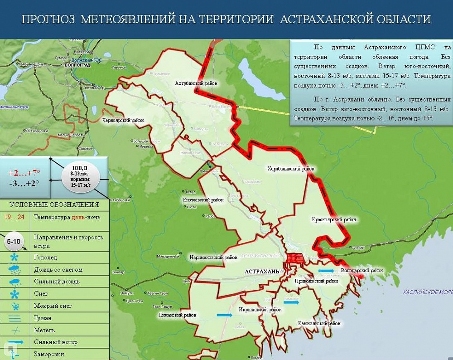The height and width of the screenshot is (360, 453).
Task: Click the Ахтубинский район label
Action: pos(196,83)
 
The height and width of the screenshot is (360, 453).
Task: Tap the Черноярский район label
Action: pos(123,121)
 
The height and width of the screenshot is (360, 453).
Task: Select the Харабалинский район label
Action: pos(291,169)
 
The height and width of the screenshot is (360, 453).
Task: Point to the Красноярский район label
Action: pos(334,220)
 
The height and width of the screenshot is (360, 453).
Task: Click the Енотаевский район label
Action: pos(203,199)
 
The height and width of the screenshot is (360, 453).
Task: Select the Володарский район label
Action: pos(362,271)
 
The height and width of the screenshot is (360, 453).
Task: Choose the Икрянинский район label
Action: pos(260,310)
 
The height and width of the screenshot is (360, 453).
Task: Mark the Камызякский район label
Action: pos(319,324)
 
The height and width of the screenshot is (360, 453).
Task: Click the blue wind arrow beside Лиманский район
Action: pos(224,315)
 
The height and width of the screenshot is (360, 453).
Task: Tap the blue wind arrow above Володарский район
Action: pos(326,271)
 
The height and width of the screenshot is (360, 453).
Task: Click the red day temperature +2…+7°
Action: pos(25,173)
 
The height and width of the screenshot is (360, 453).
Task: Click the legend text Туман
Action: pos(43,318)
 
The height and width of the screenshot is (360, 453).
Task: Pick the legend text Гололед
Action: pos(45,257)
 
